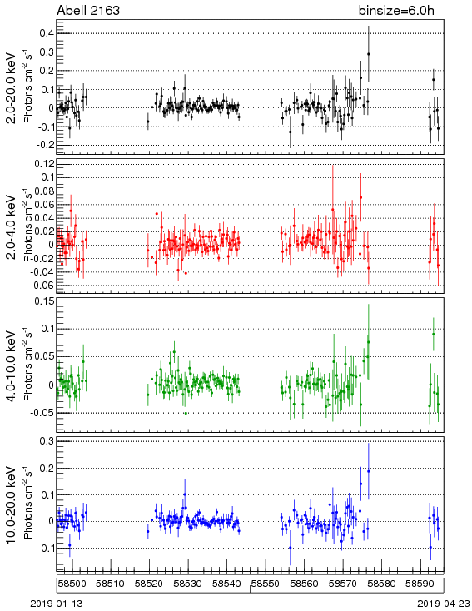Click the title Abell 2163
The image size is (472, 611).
[88, 10]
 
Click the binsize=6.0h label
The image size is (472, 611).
[396, 11]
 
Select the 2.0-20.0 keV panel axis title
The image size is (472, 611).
[12, 87]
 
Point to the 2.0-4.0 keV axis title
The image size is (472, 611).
[12, 227]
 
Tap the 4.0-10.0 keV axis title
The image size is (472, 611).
[12, 366]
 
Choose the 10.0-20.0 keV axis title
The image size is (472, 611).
[12, 505]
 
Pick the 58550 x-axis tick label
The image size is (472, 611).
[265, 584]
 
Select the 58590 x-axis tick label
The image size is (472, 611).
[420, 584]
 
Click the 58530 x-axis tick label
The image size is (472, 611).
[188, 584]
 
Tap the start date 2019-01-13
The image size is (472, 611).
[57, 604]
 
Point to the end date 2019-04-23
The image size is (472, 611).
[444, 604]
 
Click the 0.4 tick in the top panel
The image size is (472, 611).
[46, 33]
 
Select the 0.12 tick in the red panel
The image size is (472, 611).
[43, 164]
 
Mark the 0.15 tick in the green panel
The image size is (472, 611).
[43, 301]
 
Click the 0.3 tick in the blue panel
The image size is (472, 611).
[46, 440]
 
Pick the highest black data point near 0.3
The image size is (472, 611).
[368, 54]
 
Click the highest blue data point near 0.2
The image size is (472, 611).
[368, 471]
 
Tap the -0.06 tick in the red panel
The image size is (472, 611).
[42, 286]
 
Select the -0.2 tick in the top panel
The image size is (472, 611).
[45, 145]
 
